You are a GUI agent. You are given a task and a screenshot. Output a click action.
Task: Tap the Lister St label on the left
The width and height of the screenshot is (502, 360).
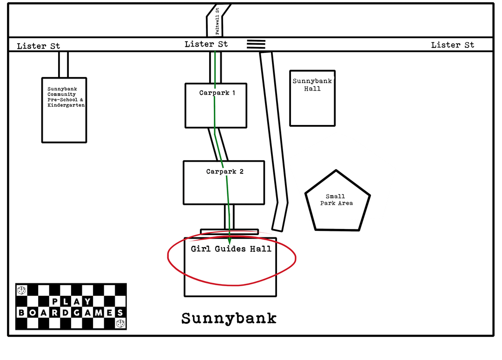(39, 46)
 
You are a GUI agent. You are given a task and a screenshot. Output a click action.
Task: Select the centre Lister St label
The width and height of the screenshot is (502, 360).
(206, 44)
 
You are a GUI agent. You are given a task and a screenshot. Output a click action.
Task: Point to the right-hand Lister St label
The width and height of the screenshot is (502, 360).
(452, 45)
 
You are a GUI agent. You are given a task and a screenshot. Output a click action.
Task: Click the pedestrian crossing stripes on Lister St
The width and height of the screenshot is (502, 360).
(256, 44)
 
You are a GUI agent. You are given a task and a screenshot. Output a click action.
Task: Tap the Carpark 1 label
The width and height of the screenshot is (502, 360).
(217, 93)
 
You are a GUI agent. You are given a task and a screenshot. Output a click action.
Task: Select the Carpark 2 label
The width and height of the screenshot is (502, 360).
(225, 172)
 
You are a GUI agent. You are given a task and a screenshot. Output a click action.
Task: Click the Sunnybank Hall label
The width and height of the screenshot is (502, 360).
(312, 85)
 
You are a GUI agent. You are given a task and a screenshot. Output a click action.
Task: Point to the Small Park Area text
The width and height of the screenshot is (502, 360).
(336, 200)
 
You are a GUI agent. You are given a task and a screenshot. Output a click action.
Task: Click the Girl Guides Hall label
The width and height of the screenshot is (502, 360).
(231, 249)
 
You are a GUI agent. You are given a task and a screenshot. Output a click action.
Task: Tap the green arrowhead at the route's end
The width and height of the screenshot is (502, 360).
(230, 241)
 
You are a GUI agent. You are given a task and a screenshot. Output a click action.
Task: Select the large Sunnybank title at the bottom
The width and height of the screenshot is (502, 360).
(229, 319)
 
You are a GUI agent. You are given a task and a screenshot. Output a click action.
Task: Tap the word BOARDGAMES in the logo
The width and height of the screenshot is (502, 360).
(71, 313)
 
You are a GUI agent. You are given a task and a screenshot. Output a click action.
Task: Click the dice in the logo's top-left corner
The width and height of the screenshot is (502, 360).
(21, 290)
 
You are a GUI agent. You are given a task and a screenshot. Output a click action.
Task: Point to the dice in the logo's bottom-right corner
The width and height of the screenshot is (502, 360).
(120, 323)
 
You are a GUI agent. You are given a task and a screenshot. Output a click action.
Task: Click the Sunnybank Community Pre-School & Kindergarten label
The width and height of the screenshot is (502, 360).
(66, 97)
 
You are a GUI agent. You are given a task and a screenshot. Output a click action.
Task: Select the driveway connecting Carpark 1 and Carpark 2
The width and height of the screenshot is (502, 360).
(218, 144)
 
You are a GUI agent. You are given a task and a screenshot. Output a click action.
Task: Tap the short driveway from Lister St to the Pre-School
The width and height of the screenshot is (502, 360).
(64, 65)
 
